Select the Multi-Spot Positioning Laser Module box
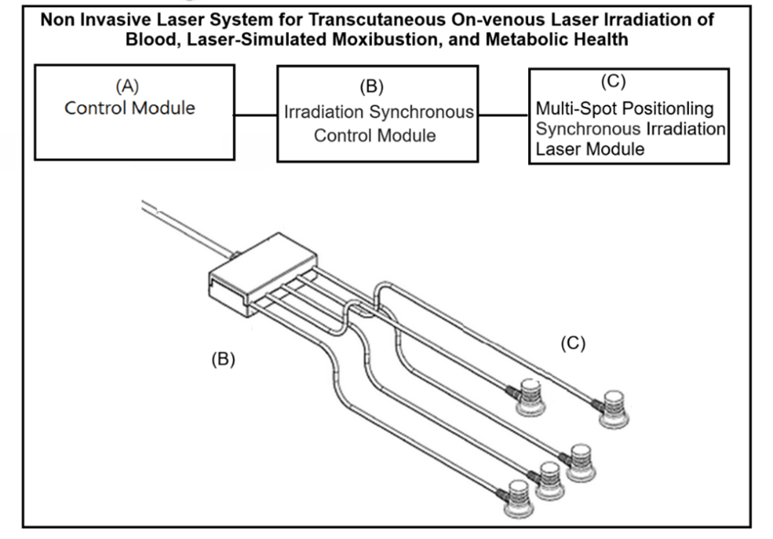coord(629,115)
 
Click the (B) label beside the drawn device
coord(224,359)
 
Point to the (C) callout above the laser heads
coord(571,343)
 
